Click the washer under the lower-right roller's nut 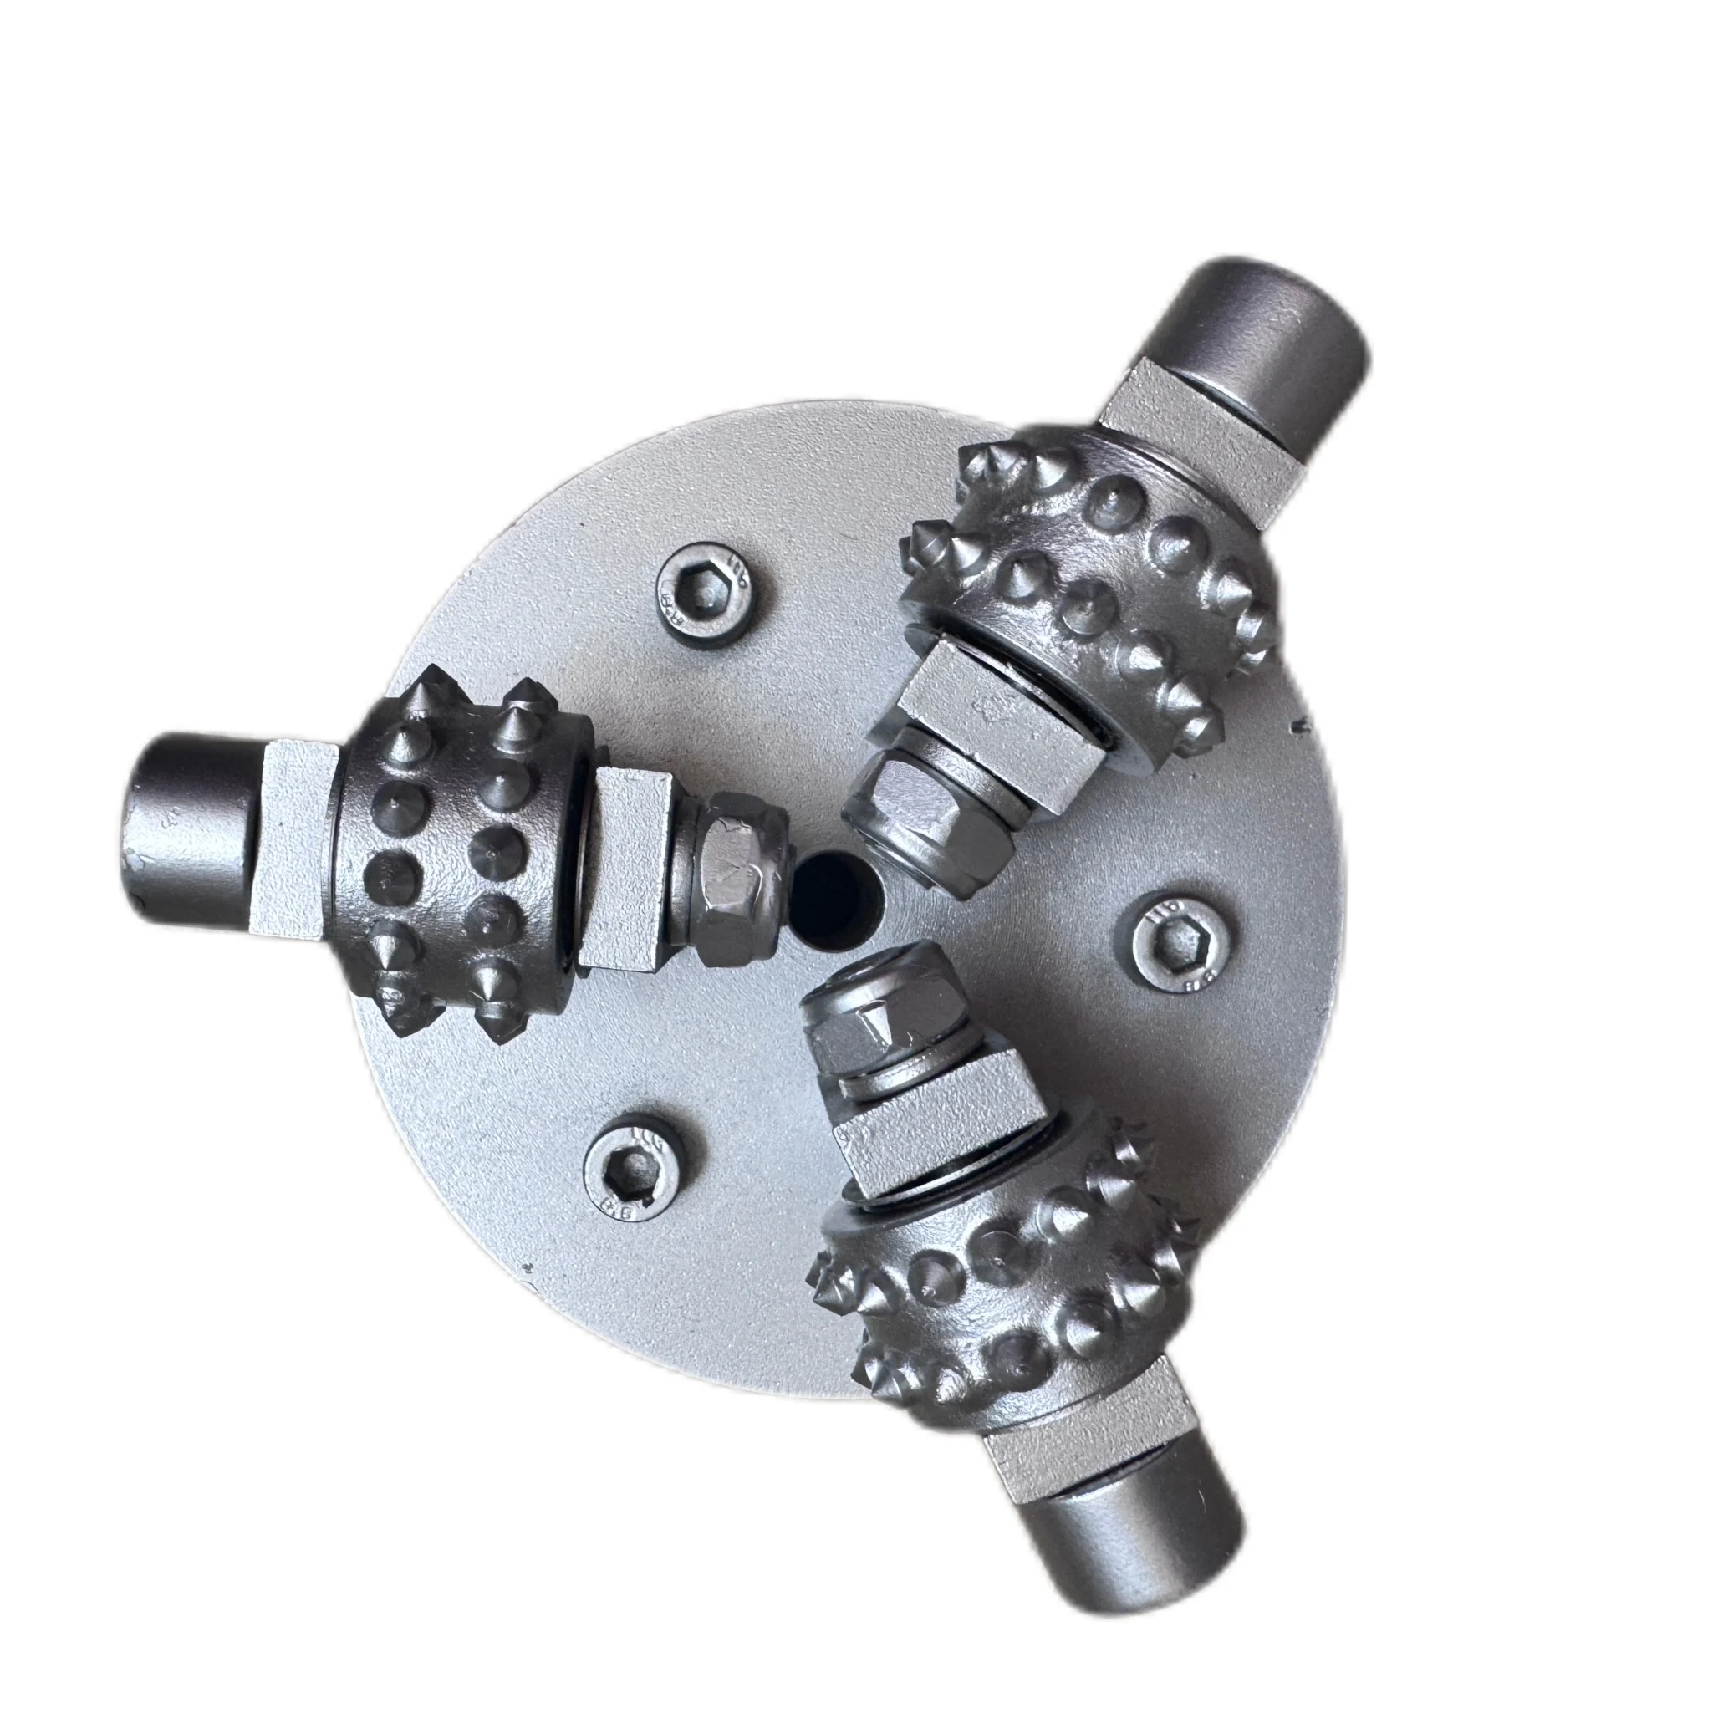point(895,1078)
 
